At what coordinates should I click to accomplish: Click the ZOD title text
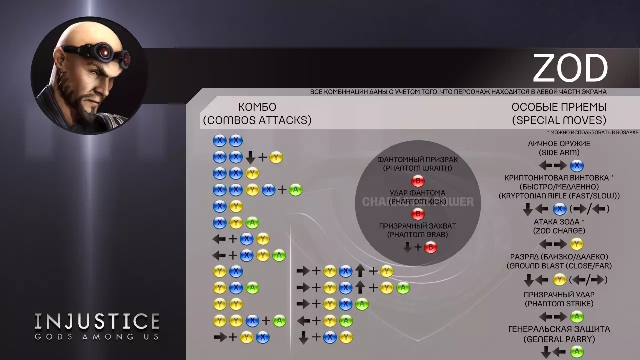click(x=570, y=68)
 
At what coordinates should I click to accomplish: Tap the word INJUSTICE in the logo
click(x=97, y=321)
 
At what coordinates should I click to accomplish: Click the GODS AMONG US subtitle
click(x=97, y=336)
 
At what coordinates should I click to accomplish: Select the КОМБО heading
click(x=257, y=107)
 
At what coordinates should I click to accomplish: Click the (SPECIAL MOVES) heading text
click(x=559, y=120)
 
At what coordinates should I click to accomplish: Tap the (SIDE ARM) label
click(x=559, y=152)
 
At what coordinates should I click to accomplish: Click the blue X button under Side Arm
click(x=577, y=166)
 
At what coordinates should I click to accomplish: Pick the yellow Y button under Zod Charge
click(x=577, y=244)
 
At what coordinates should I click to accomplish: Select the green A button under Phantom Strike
click(x=577, y=317)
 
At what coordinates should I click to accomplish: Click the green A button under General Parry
click(x=577, y=352)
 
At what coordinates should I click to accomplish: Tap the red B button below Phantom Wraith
click(x=417, y=181)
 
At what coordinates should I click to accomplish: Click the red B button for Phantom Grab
click(x=430, y=247)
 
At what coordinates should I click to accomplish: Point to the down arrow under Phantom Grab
click(x=408, y=247)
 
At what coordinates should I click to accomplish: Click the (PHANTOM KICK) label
click(x=417, y=202)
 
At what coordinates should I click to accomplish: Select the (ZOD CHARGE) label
click(x=559, y=231)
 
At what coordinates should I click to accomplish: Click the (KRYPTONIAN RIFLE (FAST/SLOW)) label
click(x=559, y=196)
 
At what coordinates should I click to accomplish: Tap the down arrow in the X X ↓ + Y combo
click(x=250, y=158)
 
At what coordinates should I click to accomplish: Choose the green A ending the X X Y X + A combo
click(x=296, y=190)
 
